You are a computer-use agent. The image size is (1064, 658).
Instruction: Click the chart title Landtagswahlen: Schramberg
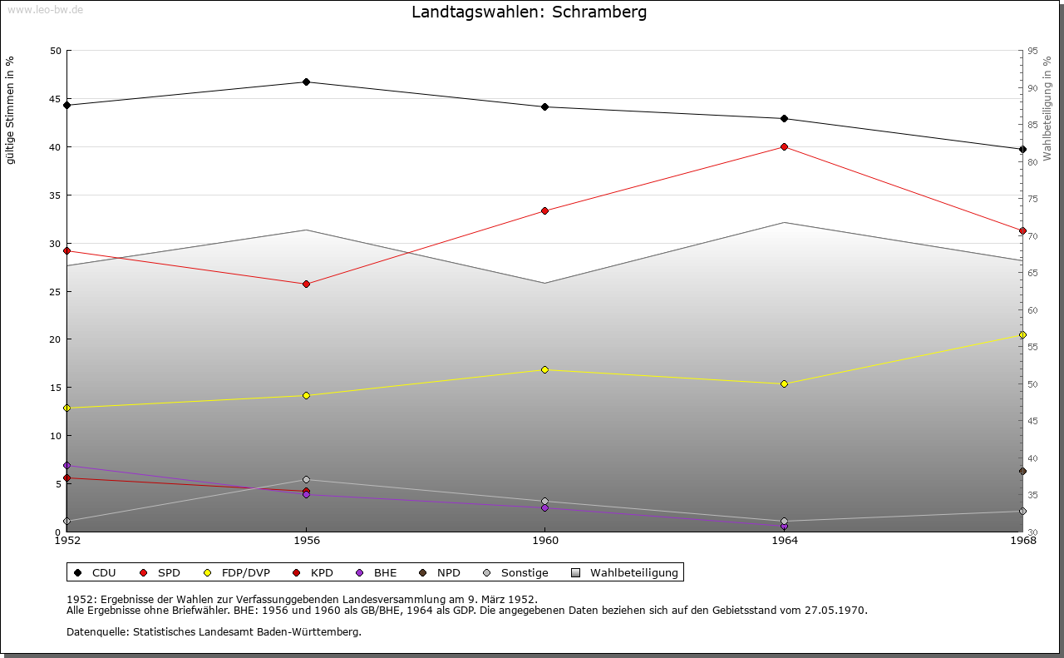pyautogui.click(x=529, y=12)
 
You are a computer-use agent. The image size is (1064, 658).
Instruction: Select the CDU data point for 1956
pyautogui.click(x=306, y=82)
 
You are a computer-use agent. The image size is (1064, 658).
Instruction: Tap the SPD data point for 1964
pyautogui.click(x=784, y=147)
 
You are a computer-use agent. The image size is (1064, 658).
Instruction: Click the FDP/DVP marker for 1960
pyautogui.click(x=545, y=369)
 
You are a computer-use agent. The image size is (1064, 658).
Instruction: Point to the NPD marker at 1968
pyautogui.click(x=1022, y=472)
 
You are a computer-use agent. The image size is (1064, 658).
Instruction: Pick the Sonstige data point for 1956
pyautogui.click(x=306, y=479)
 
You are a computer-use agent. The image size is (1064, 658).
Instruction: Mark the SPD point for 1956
pyautogui.click(x=306, y=284)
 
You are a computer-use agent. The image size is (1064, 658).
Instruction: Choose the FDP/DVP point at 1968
pyautogui.click(x=1022, y=335)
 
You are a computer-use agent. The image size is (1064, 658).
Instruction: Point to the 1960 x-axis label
pyautogui.click(x=545, y=541)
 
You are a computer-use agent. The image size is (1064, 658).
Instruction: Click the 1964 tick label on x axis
pyautogui.click(x=784, y=541)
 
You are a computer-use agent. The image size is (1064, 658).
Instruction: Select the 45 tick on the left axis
pyautogui.click(x=56, y=99)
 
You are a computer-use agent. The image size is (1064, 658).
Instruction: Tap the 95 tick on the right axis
pyautogui.click(x=1033, y=51)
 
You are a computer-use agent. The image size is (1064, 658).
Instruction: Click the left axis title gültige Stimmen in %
pyautogui.click(x=11, y=110)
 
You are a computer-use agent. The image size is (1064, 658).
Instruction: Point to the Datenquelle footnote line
pyautogui.click(x=214, y=631)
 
